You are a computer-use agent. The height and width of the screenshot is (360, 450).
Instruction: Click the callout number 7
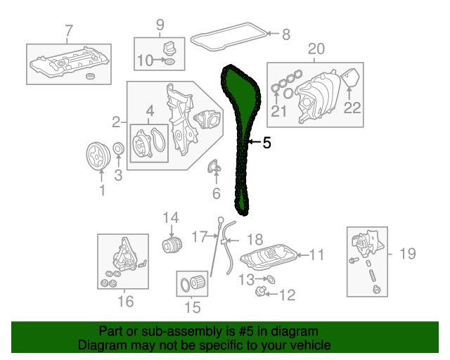click(68, 30)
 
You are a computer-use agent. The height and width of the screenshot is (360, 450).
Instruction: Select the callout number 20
click(316, 49)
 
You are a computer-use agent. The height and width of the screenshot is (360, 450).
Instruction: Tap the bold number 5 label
click(266, 143)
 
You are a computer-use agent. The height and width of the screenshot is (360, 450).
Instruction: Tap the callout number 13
click(243, 279)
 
